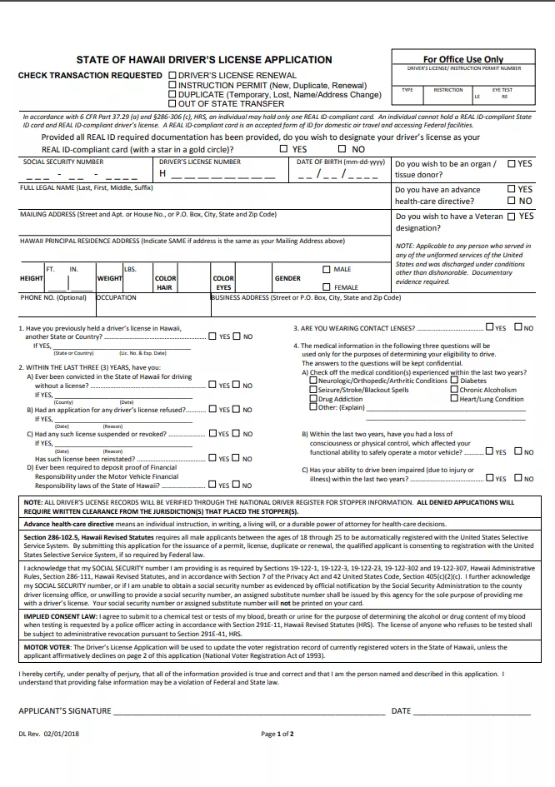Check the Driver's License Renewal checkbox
pyautogui.click(x=172, y=75)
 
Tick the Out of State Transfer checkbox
pyautogui.click(x=172, y=104)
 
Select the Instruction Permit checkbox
pyautogui.click(x=172, y=85)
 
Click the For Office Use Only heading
pyautogui.click(x=463, y=60)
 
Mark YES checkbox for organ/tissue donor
pyautogui.click(x=512, y=164)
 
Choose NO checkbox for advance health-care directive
pyautogui.click(x=512, y=201)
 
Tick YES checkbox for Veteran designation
pyautogui.click(x=512, y=216)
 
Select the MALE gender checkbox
pyautogui.click(x=327, y=269)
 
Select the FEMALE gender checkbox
pyautogui.click(x=327, y=287)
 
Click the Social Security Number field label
pyautogui.click(x=63, y=162)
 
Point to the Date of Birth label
pyautogui.click(x=340, y=162)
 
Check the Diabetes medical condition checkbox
pyautogui.click(x=455, y=381)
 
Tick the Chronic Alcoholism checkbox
pyautogui.click(x=455, y=390)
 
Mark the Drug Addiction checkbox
pyautogui.click(x=313, y=399)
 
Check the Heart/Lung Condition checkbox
pyautogui.click(x=455, y=399)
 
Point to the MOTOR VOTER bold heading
pyautogui.click(x=47, y=645)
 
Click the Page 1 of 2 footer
pyautogui.click(x=277, y=735)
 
